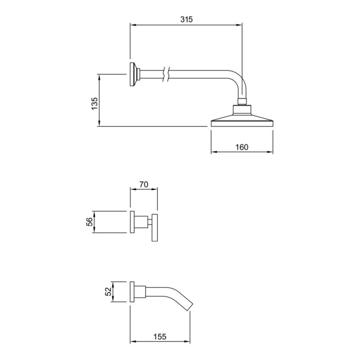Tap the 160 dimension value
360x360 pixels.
[x=242, y=147]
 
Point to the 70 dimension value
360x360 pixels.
[x=144, y=184]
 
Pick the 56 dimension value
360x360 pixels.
[x=90, y=221]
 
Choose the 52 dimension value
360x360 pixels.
[x=108, y=292]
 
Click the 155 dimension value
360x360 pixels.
[x=160, y=336]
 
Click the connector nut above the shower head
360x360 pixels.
[x=242, y=101]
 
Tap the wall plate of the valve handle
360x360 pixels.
[x=132, y=222]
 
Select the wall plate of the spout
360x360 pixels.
[x=132, y=292]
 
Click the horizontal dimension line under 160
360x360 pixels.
[x=242, y=153]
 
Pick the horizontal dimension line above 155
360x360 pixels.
[x=160, y=342]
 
